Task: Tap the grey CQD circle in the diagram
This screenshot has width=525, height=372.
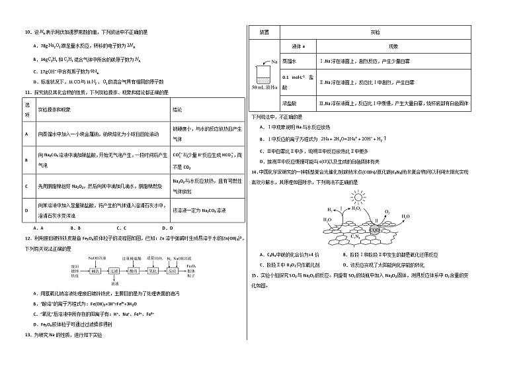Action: point(374,230)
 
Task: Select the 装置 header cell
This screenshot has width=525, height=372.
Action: point(264,31)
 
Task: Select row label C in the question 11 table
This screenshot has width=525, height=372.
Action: point(26,186)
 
